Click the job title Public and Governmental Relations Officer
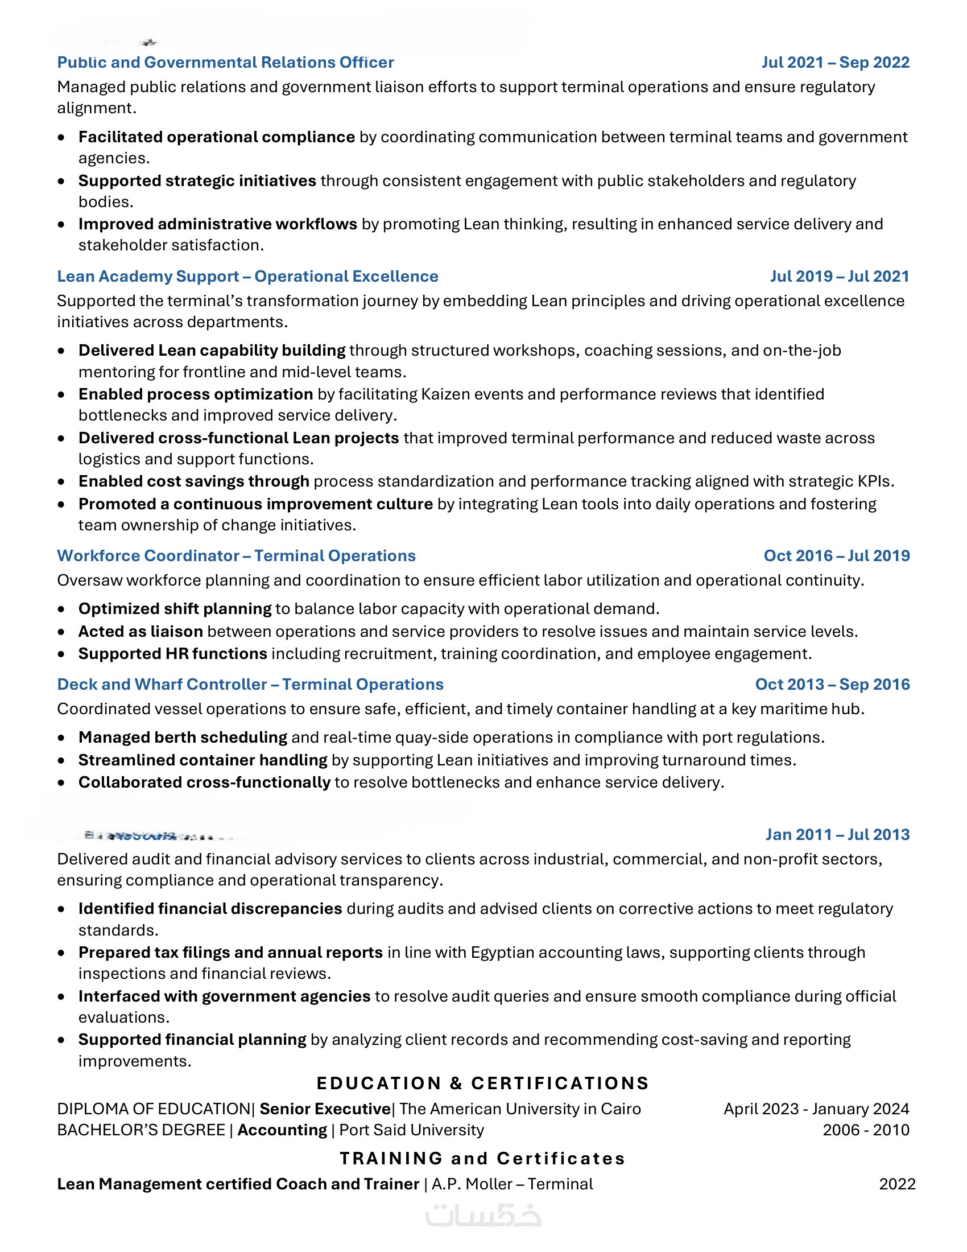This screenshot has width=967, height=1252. [225, 63]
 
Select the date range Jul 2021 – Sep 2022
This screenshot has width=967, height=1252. [835, 63]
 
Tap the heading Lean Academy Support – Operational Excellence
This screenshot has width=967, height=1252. [247, 277]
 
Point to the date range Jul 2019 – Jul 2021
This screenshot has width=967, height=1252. [839, 277]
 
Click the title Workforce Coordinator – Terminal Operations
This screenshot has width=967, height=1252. [236, 555]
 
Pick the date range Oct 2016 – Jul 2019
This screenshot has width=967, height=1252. [836, 555]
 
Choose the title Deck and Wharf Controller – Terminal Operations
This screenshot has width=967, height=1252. [250, 684]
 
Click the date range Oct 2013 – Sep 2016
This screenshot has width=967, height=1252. [832, 684]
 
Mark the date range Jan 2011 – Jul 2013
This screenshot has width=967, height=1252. [837, 834]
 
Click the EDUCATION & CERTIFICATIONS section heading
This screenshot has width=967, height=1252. [483, 1083]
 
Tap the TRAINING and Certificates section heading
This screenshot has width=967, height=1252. [482, 1158]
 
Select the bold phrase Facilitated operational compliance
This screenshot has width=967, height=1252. [217, 137]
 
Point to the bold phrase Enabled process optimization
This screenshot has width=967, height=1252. [195, 394]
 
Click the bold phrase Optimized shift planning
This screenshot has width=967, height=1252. [175, 608]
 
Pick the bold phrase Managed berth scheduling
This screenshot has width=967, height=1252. [183, 737]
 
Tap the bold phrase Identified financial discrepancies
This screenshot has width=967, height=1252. [210, 909]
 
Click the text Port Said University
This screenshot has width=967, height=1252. [411, 1130]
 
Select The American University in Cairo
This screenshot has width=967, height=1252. [520, 1109]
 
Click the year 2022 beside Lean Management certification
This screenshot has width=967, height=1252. [897, 1184]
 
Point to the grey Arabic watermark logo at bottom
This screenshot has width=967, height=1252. [483, 1216]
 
